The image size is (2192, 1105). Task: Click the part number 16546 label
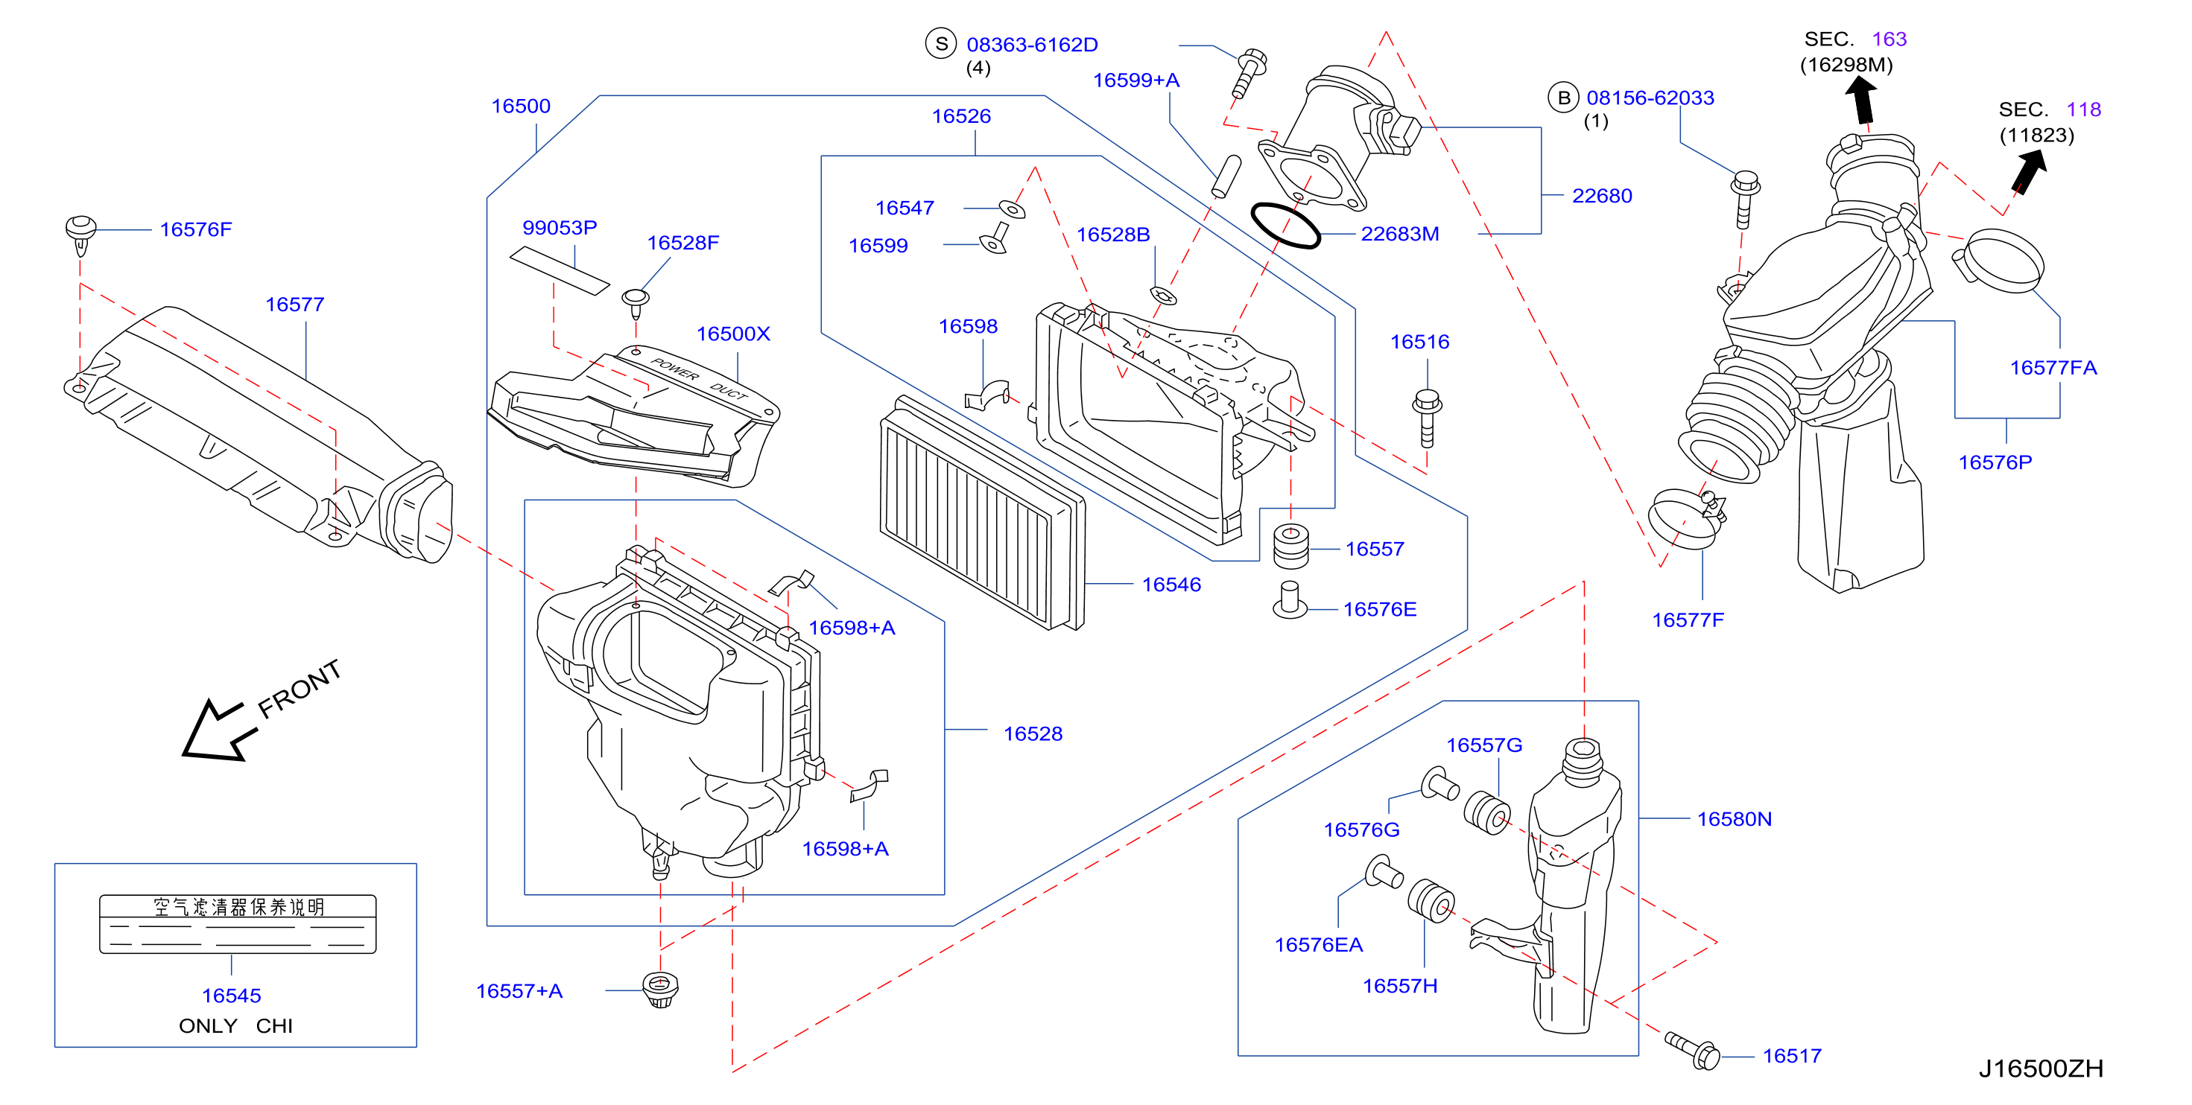click(x=1171, y=585)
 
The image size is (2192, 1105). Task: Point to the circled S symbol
click(x=941, y=43)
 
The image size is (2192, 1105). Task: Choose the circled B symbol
click(x=1563, y=97)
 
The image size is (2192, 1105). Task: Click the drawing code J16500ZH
click(x=2041, y=1069)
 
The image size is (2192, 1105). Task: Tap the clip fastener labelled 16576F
click(x=80, y=234)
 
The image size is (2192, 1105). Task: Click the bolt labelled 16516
click(x=1427, y=418)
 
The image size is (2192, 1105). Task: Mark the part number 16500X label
click(x=732, y=334)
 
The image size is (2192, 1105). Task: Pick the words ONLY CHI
click(x=235, y=1026)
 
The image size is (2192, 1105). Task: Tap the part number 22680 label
click(x=1601, y=196)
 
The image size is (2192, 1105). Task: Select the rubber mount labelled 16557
click(x=1291, y=547)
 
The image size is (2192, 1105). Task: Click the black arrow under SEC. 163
click(x=1862, y=101)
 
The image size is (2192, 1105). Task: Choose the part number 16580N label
click(x=1735, y=819)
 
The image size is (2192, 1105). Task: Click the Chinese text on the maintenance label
click(x=238, y=907)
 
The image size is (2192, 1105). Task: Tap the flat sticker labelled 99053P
click(x=559, y=270)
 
